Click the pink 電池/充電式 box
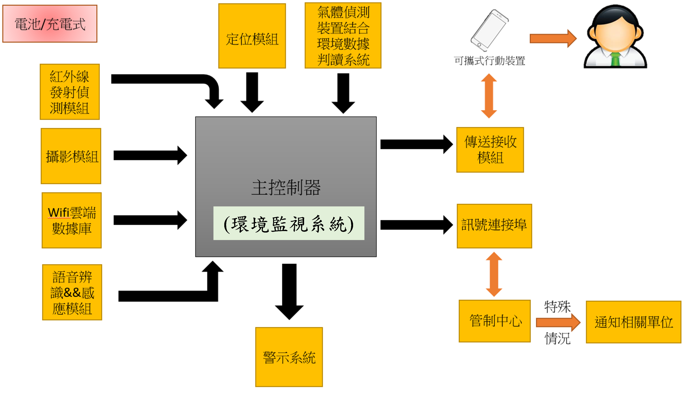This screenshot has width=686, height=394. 50,24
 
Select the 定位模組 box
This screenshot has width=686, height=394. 252,36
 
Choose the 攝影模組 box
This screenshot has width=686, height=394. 71,156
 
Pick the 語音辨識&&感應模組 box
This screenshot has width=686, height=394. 72,292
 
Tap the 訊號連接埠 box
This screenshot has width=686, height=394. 494,226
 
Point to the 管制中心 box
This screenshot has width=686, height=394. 495,321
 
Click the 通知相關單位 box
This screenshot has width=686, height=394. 634,322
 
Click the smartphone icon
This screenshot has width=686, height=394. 489,30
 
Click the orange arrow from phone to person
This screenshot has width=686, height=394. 553,38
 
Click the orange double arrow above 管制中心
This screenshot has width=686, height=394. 494,274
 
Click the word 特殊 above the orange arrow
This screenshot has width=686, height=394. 557,307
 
